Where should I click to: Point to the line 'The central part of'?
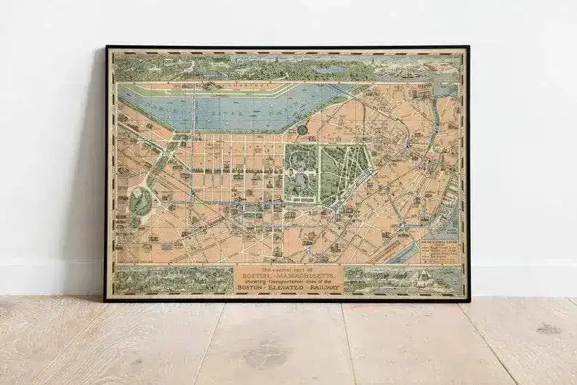(288, 269)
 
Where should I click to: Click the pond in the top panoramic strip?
(331, 70)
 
